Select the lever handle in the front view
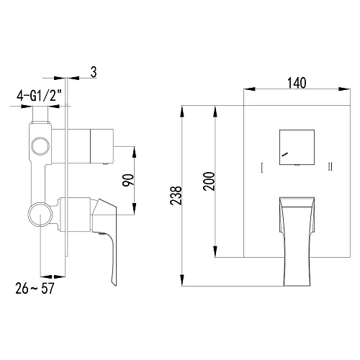(x=296, y=238)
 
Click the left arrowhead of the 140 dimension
(x=246, y=90)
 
